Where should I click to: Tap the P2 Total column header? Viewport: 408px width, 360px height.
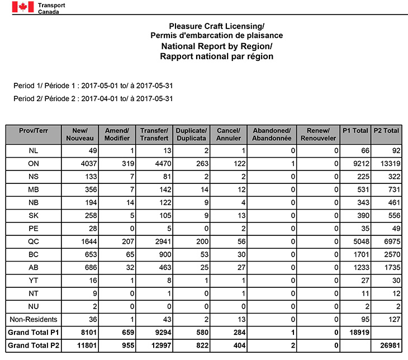click(387, 131)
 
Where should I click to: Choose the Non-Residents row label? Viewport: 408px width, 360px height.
click(33, 319)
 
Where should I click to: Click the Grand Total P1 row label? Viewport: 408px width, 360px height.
click(33, 333)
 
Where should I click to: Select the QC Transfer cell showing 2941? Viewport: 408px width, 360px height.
click(154, 242)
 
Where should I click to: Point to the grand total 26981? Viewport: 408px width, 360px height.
click(387, 345)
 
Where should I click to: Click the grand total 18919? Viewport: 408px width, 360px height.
click(355, 333)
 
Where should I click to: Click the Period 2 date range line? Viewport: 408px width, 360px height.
click(93, 99)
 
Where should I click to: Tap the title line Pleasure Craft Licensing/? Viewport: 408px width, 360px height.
click(216, 26)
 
